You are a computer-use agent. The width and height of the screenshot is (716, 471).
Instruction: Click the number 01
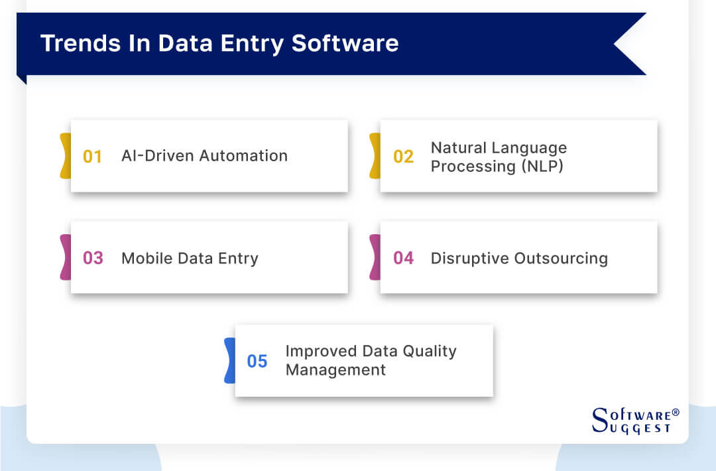(92, 157)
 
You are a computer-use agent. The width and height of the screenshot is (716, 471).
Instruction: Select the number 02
(403, 157)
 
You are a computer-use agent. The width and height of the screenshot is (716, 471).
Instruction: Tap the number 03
(93, 258)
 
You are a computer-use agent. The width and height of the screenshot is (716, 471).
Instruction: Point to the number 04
(403, 258)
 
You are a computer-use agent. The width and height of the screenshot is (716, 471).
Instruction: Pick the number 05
(257, 361)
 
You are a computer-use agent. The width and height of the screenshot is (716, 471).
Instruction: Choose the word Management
(335, 370)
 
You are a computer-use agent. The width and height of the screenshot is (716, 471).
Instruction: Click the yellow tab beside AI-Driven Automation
(65, 156)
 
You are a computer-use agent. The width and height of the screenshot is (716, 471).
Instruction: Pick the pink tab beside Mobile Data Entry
(65, 257)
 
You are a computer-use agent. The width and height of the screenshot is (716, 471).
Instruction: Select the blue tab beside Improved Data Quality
(229, 360)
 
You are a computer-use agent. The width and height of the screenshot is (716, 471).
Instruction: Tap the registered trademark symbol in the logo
(676, 413)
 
